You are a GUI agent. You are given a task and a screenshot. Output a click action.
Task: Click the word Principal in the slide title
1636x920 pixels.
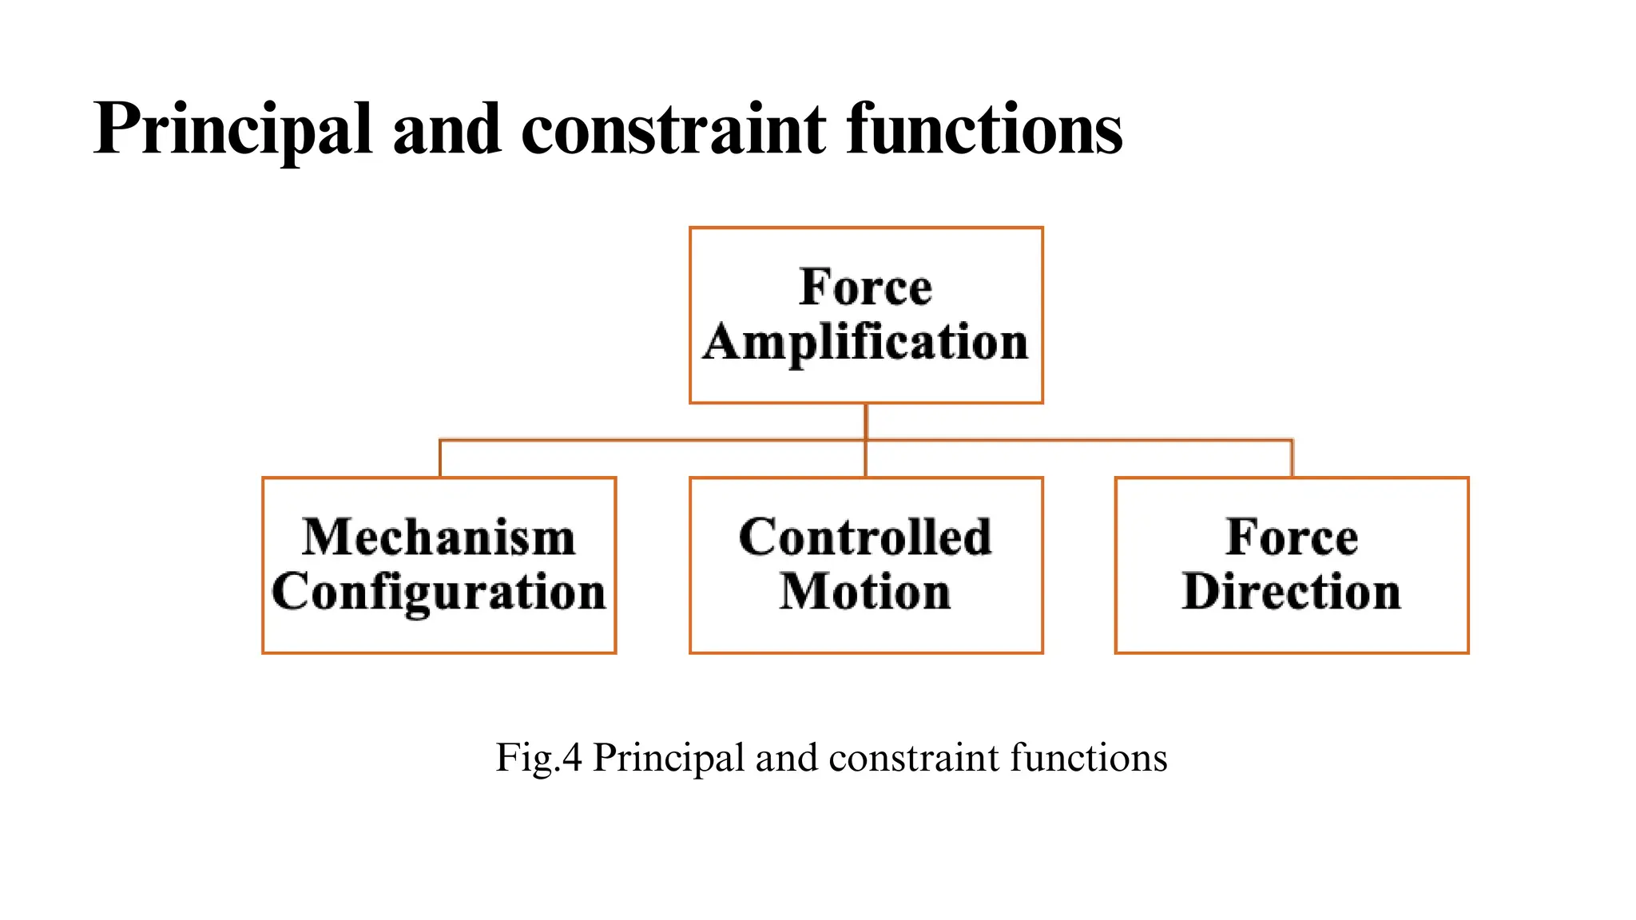point(232,129)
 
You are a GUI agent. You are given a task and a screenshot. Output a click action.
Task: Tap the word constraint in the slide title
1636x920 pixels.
point(674,129)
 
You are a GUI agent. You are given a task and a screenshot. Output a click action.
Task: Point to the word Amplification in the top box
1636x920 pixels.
point(866,343)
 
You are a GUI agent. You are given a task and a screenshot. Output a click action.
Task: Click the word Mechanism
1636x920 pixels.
point(439,537)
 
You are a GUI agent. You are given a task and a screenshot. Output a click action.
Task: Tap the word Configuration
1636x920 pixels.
point(439,593)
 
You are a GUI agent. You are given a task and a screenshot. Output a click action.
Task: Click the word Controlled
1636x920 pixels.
point(866,537)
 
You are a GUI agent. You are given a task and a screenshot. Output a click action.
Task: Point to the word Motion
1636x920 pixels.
point(866,593)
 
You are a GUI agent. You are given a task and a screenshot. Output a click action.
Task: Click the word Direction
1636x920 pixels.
point(1292,593)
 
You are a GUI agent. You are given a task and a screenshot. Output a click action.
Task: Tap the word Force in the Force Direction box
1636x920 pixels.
point(1292,537)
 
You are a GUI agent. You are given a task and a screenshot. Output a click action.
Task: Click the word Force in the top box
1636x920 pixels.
point(866,287)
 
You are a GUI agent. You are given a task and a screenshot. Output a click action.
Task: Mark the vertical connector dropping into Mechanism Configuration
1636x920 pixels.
point(440,459)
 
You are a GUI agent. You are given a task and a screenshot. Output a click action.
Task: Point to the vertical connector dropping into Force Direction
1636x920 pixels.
point(1292,459)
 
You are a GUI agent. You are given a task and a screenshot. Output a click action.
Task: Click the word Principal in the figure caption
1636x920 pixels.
point(669,757)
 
